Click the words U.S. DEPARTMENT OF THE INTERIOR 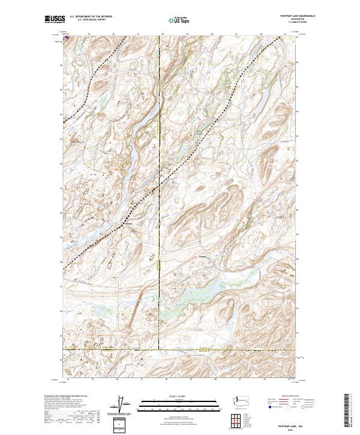91,17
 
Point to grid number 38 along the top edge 163,34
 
